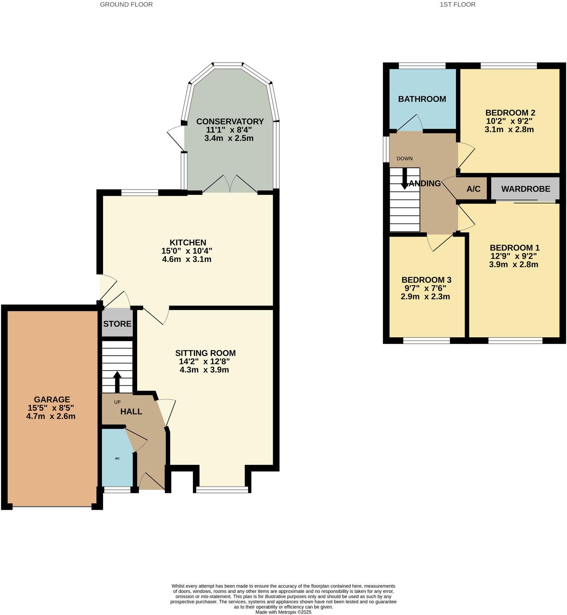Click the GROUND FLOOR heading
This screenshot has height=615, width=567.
click(x=126, y=5)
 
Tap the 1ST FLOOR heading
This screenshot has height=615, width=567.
click(x=458, y=5)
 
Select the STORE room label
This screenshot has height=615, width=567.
click(x=117, y=324)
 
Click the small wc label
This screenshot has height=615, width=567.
click(x=117, y=458)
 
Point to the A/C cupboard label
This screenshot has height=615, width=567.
click(x=473, y=189)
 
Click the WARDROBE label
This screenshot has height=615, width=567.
click(x=526, y=189)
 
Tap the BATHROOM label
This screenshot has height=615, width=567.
click(x=422, y=99)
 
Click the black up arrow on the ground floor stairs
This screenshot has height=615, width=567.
click(x=117, y=381)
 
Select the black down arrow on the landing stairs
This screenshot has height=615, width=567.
click(x=405, y=179)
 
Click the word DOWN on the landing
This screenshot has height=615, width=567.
click(x=405, y=159)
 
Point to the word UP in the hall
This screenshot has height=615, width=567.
click(x=117, y=402)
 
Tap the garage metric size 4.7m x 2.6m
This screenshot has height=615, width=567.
click(x=51, y=416)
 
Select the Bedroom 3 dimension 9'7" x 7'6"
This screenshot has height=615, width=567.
click(x=425, y=288)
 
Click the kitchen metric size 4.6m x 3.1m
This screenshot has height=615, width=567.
click(x=187, y=259)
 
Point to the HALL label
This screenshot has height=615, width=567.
click(x=131, y=412)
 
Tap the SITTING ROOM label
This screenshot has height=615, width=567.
click(x=205, y=353)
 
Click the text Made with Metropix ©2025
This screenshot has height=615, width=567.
click(x=283, y=612)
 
